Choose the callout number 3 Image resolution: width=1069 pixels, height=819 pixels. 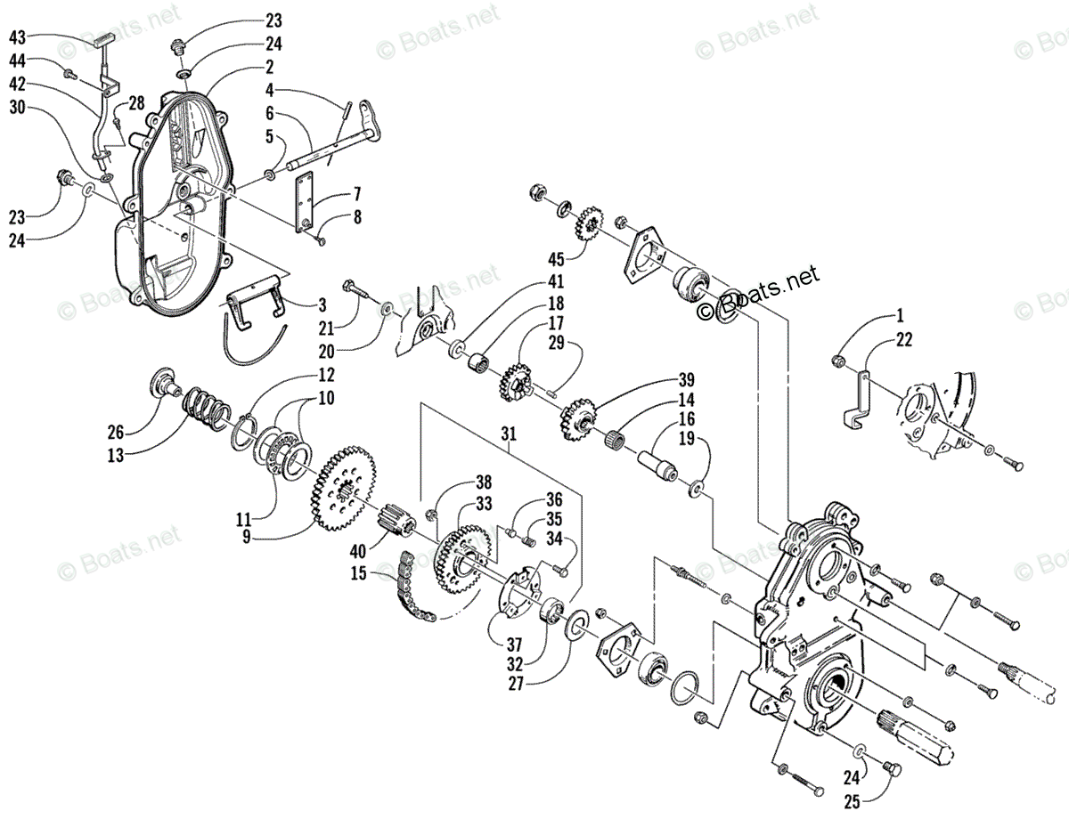[321, 304]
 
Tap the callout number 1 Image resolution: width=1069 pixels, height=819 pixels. [900, 315]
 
